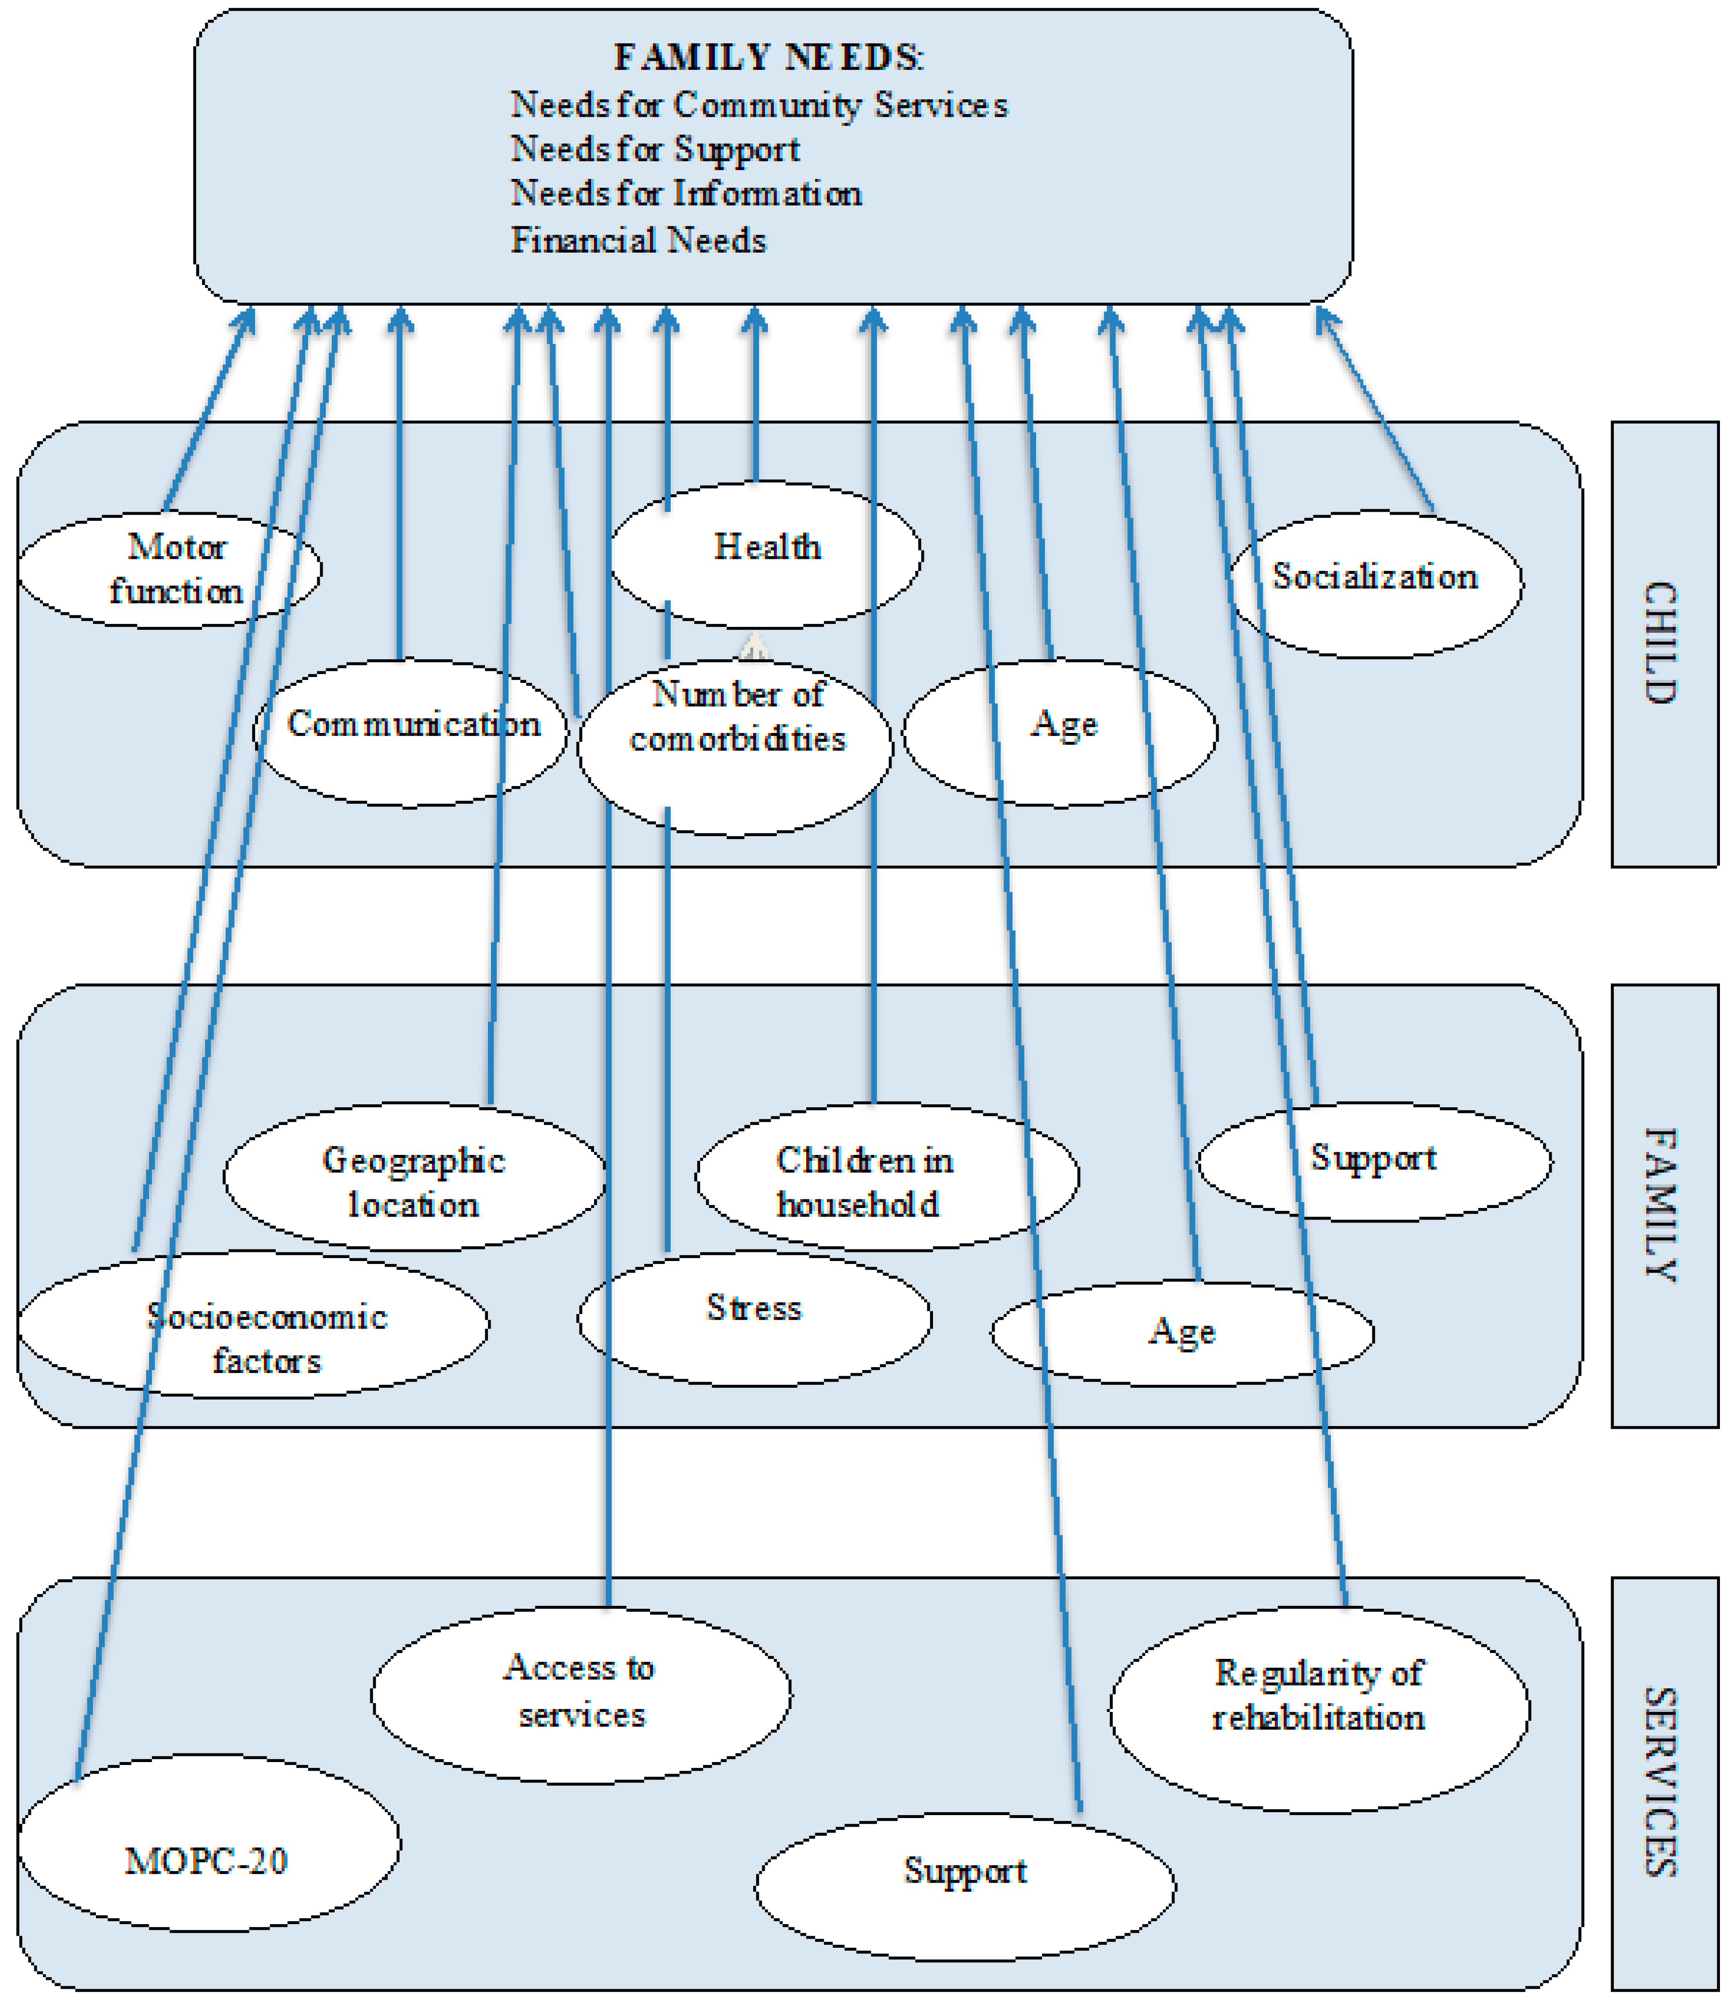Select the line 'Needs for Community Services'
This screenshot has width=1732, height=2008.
pos(759,105)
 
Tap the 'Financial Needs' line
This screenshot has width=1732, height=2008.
pos(638,239)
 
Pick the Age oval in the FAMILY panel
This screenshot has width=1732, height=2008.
pos(1181,1333)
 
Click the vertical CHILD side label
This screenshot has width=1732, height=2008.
pos(1663,643)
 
